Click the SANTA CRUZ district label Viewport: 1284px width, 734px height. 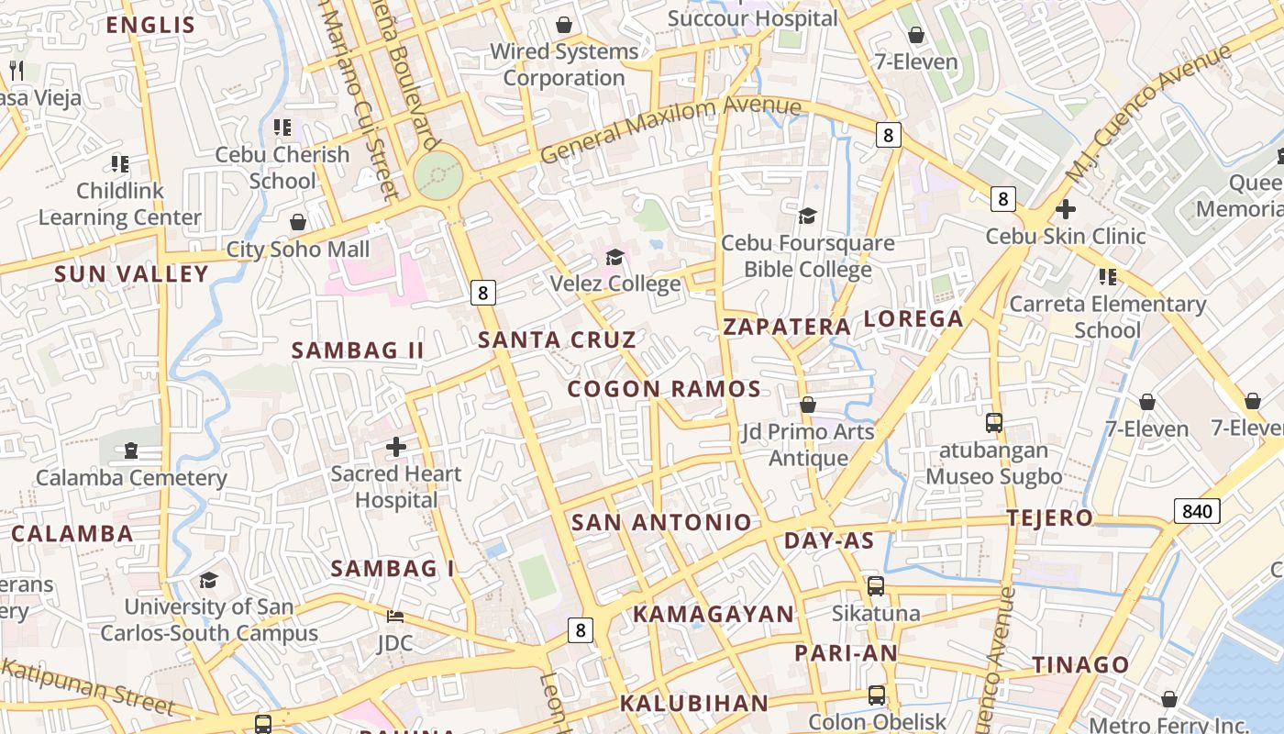point(557,339)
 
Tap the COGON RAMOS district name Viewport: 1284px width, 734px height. point(664,389)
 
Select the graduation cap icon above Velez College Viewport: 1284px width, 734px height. point(614,257)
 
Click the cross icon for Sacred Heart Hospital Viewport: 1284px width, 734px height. point(396,447)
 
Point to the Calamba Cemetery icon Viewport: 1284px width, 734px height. point(130,450)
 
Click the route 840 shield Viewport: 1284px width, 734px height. point(1197,511)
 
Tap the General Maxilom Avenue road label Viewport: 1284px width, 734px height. point(670,130)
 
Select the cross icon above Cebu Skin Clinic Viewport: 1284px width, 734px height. point(1065,208)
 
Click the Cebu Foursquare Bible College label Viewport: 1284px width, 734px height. point(807,256)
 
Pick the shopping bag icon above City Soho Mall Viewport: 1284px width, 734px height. point(298,222)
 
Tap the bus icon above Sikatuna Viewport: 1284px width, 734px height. point(876,585)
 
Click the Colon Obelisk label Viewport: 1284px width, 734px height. point(877,721)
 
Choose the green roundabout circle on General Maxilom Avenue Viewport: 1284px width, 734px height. point(437,175)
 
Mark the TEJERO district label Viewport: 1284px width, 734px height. point(1050,518)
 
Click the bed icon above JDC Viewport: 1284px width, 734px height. point(395,616)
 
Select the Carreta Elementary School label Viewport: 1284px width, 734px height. point(1107,317)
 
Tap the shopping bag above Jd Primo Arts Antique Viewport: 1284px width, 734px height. point(808,405)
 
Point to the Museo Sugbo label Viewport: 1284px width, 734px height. point(993,476)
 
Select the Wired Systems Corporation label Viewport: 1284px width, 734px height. point(564,64)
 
